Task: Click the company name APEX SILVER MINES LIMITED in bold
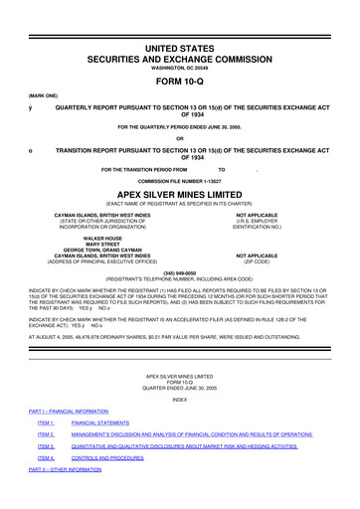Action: (x=179, y=195)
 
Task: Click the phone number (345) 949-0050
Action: (x=179, y=270)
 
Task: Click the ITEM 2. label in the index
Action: (x=46, y=434)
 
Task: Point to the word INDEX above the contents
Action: (x=179, y=399)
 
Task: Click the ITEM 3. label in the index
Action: (x=46, y=446)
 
